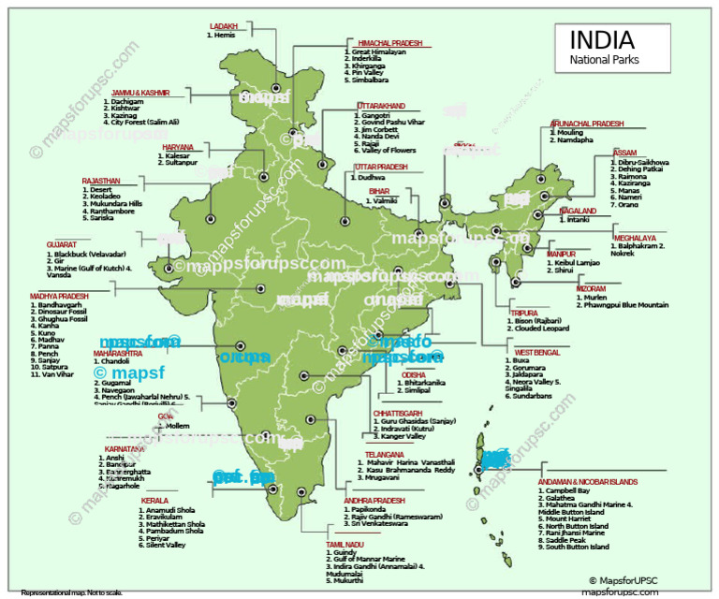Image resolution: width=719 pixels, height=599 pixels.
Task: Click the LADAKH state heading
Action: (224, 26)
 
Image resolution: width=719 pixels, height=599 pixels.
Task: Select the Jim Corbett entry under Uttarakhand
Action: (380, 129)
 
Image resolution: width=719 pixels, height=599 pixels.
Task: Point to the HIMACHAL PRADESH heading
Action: (389, 43)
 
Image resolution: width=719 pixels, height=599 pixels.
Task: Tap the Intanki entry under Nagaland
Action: (579, 219)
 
